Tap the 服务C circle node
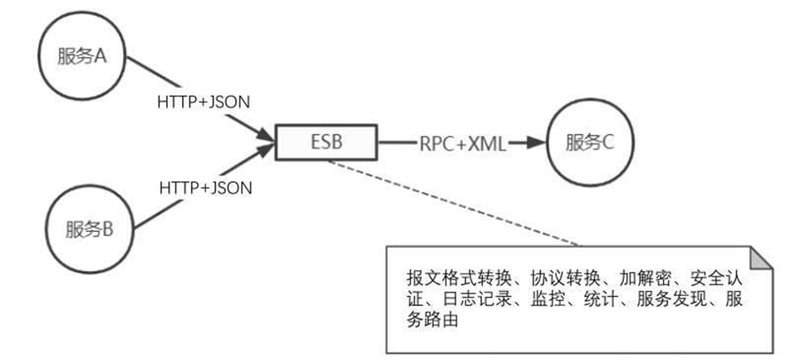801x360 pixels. [588, 142]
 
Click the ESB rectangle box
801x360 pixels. [326, 142]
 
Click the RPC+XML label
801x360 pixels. [463, 142]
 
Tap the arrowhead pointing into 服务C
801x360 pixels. [535, 142]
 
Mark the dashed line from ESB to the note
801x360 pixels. [453, 203]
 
